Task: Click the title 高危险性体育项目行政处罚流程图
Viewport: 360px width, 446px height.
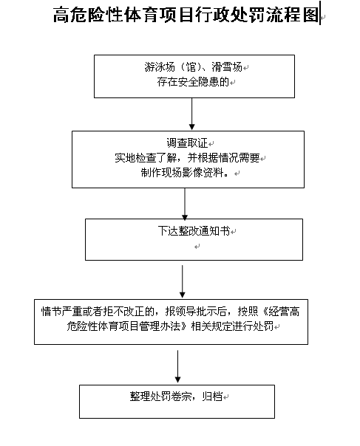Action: pos(186,14)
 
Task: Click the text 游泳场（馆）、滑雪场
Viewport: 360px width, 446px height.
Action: pos(194,67)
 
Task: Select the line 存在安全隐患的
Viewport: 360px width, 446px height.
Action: pos(193,82)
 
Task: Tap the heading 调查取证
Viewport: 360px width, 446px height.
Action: pos(187,143)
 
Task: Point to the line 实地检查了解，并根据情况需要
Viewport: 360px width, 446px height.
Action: pos(187,157)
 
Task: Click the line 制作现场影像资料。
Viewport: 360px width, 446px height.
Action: pos(185,172)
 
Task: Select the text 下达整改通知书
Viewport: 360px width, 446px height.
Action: pos(194,230)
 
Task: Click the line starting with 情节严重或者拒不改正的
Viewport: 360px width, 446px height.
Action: pos(170,312)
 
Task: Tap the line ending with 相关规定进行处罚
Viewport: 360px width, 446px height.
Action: pos(170,326)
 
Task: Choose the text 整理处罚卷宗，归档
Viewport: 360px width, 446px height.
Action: pos(176,397)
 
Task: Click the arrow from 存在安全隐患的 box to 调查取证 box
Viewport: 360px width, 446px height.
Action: pos(192,114)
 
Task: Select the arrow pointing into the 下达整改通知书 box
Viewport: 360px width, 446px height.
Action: pos(185,204)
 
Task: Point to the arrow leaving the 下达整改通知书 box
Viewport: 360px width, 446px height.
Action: pos(183,281)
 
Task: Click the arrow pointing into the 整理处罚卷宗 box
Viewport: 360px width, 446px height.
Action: pos(177,366)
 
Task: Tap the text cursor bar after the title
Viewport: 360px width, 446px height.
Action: pos(320,13)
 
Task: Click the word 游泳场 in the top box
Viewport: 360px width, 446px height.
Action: pos(160,67)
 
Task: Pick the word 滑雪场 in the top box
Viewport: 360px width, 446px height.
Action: pos(227,67)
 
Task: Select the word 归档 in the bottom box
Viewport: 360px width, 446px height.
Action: pos(212,397)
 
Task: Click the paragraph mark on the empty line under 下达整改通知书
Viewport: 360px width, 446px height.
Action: pos(197,247)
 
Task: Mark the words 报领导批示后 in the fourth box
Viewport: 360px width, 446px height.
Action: pos(196,312)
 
